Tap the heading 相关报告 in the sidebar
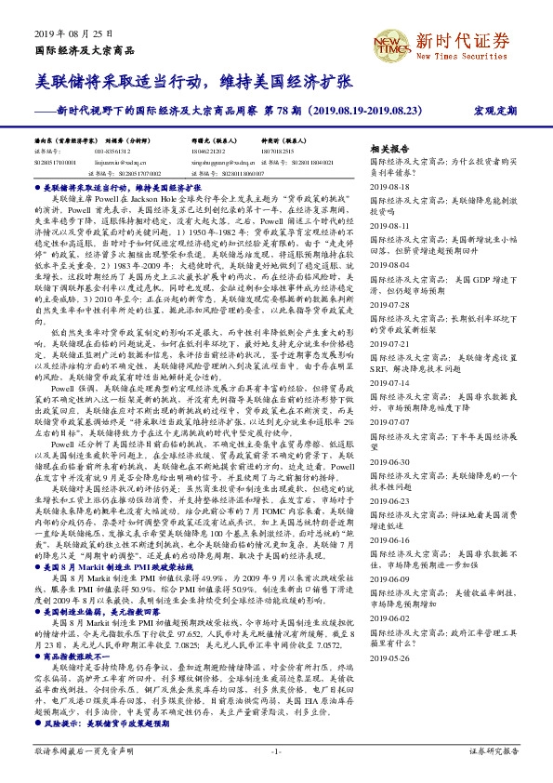pyautogui.click(x=388, y=149)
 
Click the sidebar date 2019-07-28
pyautogui.click(x=390, y=304)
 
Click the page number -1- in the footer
pyautogui.click(x=276, y=750)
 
